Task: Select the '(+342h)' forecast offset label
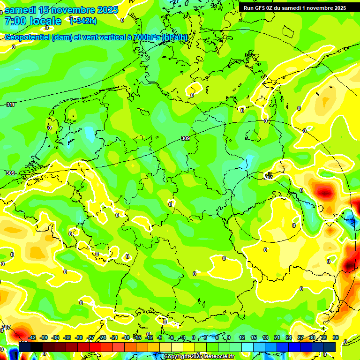[83, 21]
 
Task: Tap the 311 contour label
[10, 105]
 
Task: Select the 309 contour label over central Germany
[186, 138]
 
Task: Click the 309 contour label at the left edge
[10, 173]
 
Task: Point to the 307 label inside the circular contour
[269, 176]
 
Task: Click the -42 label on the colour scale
[32, 337]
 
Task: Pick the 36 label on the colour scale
[335, 337]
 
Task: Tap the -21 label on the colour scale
[114, 337]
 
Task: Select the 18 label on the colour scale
[265, 337]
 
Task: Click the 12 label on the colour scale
[241, 337]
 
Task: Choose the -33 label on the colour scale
[67, 337]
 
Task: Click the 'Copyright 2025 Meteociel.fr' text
[199, 357]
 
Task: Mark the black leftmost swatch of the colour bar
[25, 347]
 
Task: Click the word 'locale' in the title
[47, 21]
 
